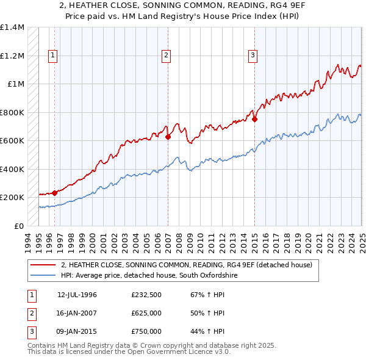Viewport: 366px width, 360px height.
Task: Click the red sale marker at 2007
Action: point(167,137)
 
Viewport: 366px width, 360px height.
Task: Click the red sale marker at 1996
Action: point(55,193)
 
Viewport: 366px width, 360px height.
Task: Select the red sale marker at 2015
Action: point(254,120)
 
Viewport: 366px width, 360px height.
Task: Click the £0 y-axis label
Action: point(18,226)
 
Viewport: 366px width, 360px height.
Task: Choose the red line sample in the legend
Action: point(43,265)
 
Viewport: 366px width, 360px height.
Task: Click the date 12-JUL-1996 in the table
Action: point(77,295)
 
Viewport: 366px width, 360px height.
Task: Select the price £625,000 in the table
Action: point(146,313)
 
